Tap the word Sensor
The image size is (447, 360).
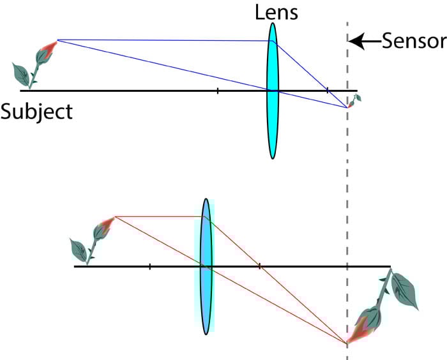(413, 42)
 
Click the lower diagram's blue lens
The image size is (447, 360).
(206, 266)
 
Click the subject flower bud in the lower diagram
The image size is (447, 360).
(104, 227)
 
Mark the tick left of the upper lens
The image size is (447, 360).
(218, 91)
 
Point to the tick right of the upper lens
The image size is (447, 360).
(328, 91)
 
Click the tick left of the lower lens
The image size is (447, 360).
(149, 266)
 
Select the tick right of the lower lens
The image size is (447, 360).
(259, 266)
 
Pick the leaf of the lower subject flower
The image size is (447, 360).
(80, 248)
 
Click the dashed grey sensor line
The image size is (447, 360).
(347, 191)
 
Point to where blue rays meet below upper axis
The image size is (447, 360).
(347, 107)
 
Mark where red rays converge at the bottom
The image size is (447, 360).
(347, 343)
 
